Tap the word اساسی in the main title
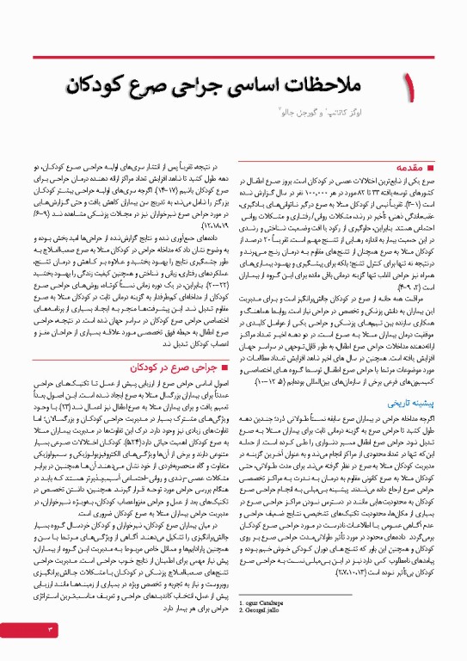(245, 85)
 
